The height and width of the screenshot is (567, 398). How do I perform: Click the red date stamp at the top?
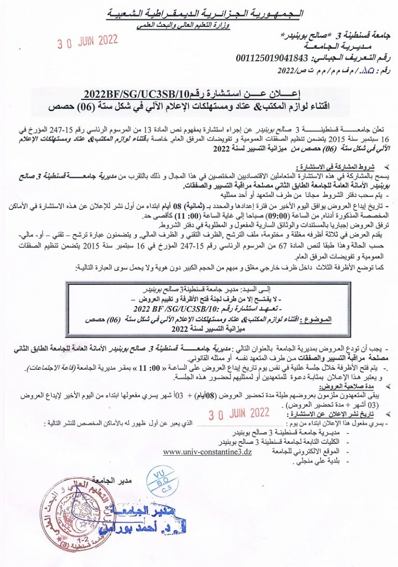88,42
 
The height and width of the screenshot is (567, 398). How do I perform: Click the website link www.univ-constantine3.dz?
207,452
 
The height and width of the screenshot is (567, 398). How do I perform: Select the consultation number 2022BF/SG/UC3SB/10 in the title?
134,93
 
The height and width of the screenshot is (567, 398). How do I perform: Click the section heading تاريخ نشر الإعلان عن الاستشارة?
330,415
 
